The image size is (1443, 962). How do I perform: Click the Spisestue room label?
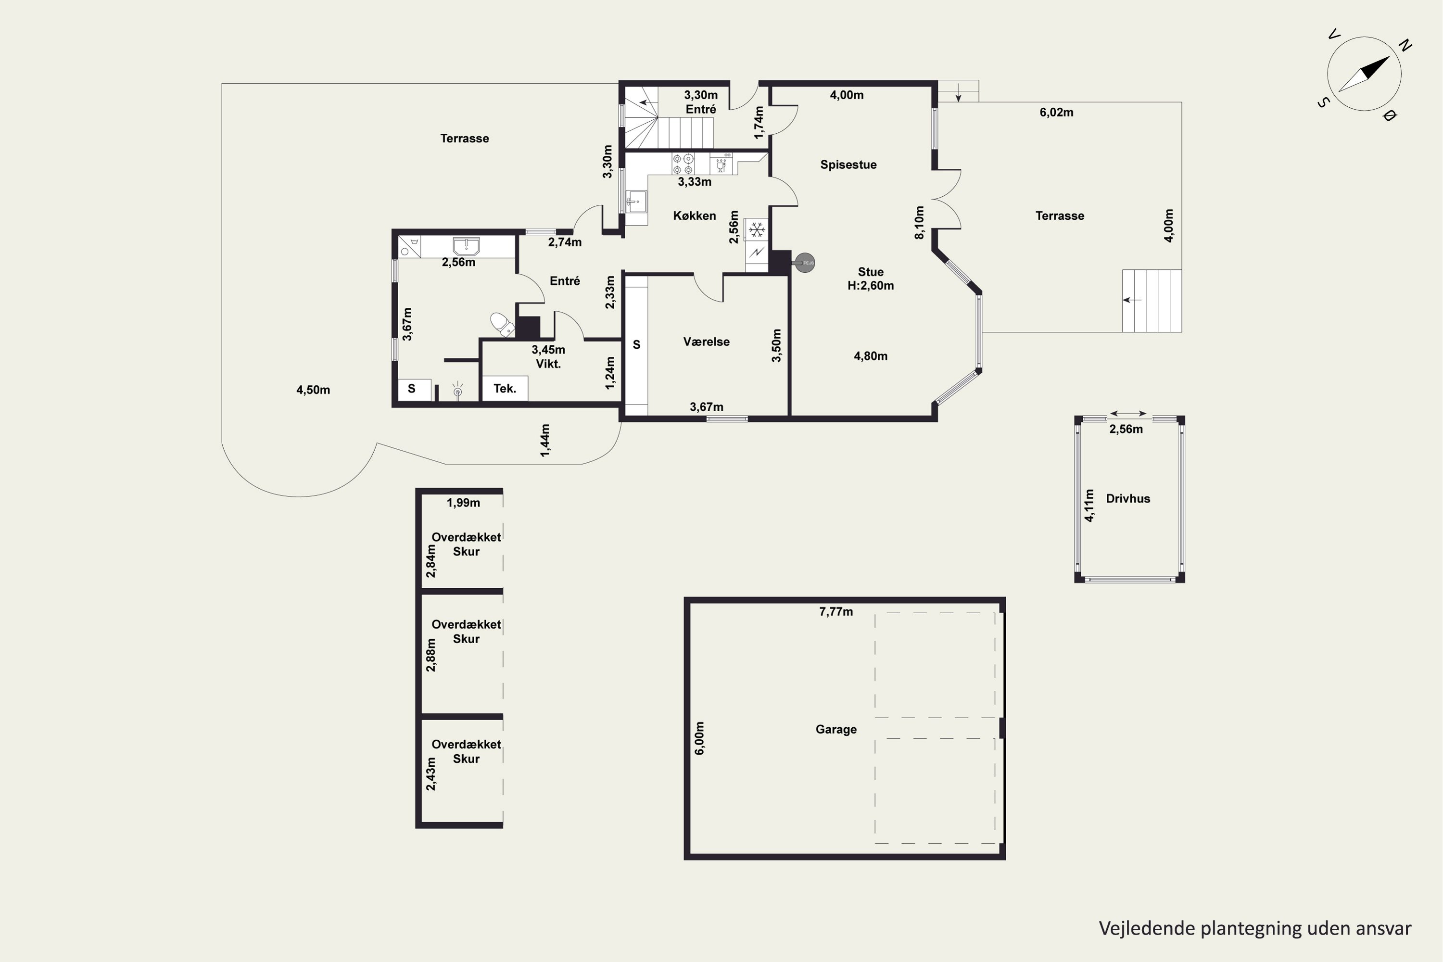[848, 165]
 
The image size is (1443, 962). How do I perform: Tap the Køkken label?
[695, 215]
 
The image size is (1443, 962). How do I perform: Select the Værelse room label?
[706, 342]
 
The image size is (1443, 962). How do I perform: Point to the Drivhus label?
[1127, 499]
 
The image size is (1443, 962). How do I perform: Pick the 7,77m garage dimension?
[835, 612]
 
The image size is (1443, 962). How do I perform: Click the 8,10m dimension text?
[919, 223]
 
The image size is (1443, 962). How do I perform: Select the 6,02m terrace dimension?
[1056, 112]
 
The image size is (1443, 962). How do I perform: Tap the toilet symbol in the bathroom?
[502, 325]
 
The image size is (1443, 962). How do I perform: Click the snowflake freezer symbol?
[757, 230]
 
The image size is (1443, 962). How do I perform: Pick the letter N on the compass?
[1405, 45]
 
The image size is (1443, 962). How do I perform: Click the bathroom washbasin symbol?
[466, 246]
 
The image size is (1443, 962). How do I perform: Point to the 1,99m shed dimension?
[463, 503]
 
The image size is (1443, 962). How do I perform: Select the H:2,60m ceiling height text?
[871, 286]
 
